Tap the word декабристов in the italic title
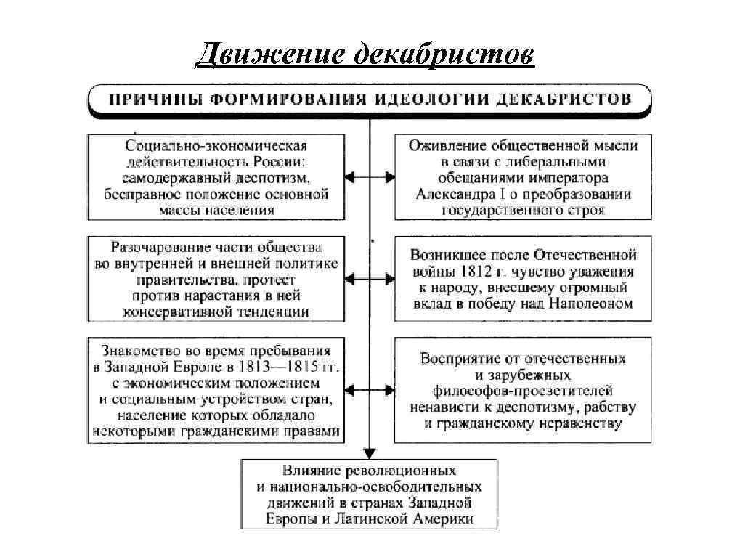pyautogui.click(x=443, y=54)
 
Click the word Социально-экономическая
pyautogui.click(x=216, y=145)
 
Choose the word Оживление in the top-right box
pyautogui.click(x=445, y=145)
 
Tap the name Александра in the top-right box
pyautogui.click(x=455, y=195)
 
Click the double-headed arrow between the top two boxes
pyautogui.click(x=370, y=176)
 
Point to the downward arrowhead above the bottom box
pyautogui.click(x=370, y=451)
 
